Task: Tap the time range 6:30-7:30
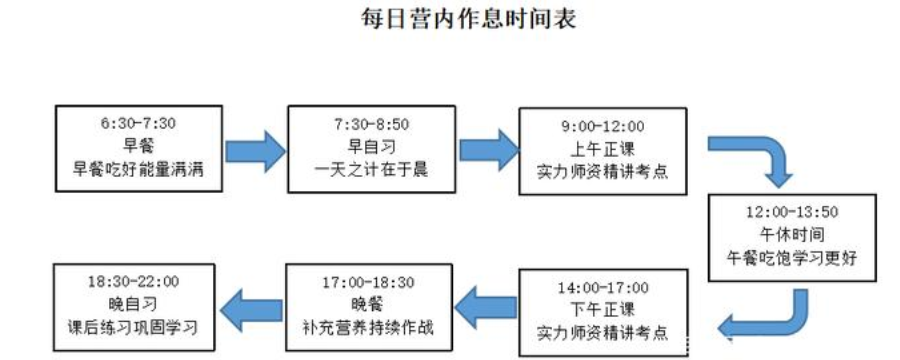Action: [138, 123]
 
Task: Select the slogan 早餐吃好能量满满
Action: [138, 171]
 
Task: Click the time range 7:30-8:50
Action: [370, 123]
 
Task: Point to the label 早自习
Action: [370, 147]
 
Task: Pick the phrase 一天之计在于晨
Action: [370, 171]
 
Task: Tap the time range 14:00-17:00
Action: [602, 287]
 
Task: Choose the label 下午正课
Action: [602, 310]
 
